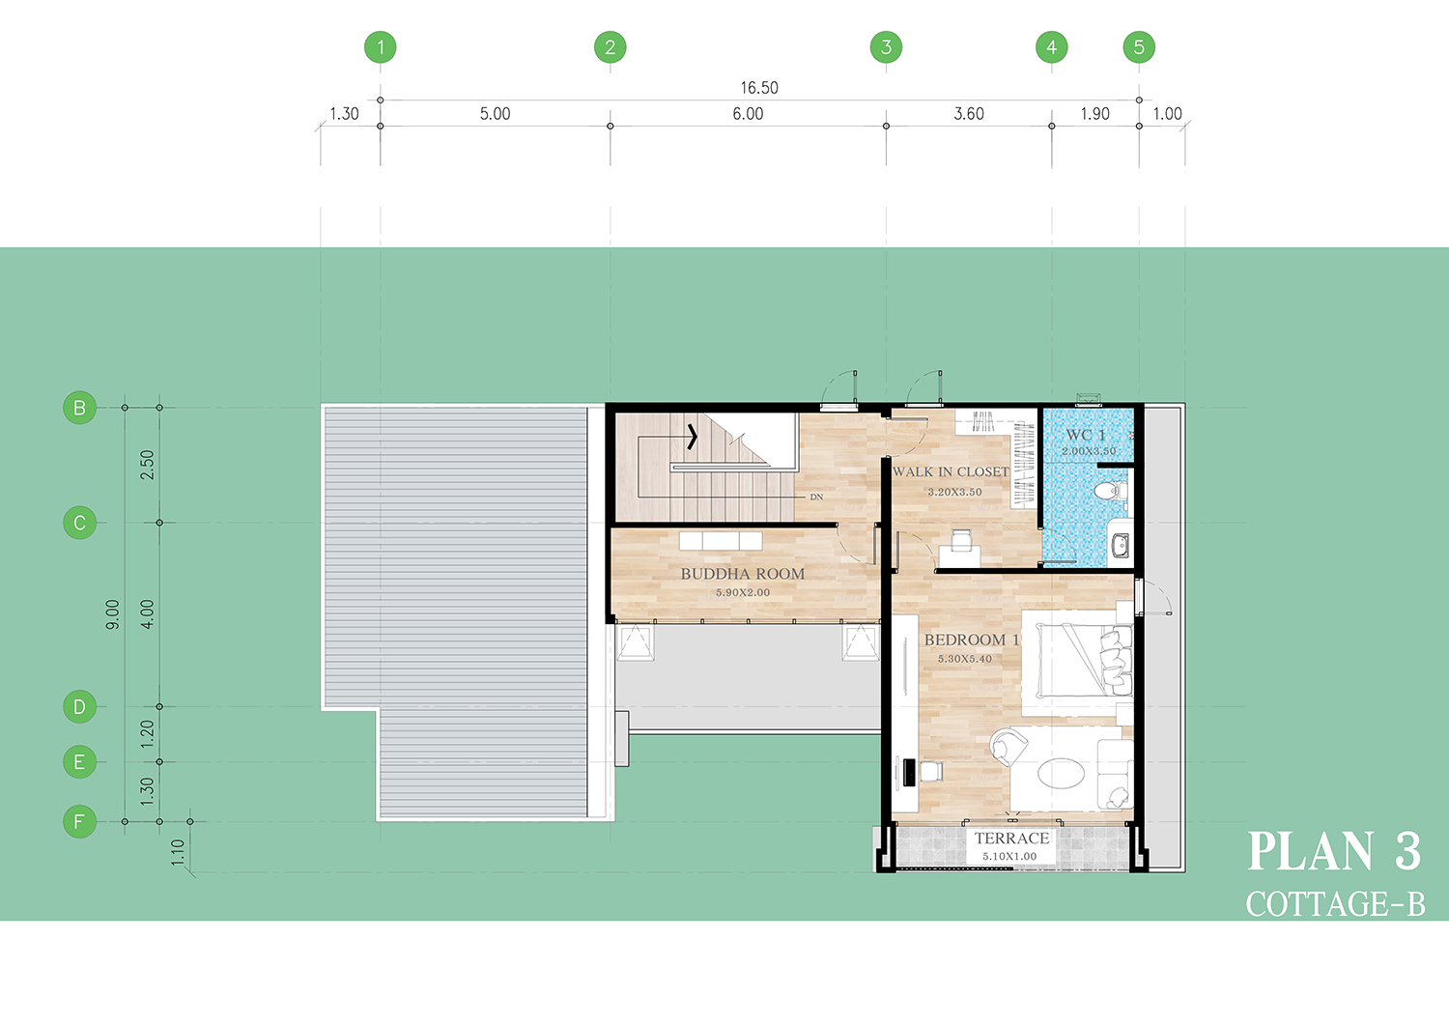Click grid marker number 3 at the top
point(886,47)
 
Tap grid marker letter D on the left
point(79,706)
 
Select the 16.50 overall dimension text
point(759,88)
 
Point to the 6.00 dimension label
point(748,114)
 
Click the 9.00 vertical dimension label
point(113,614)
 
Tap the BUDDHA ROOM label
point(743,574)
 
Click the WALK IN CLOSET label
point(951,471)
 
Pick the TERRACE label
point(1011,839)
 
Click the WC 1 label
point(1086,435)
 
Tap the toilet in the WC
point(1111,490)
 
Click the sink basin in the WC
point(1120,546)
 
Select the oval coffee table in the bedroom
point(1061,773)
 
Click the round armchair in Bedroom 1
point(1008,747)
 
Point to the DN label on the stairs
point(816,497)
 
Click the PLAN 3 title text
point(1334,851)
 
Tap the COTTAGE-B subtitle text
point(1336,904)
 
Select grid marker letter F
point(79,822)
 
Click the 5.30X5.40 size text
point(964,660)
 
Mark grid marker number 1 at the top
point(381,47)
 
